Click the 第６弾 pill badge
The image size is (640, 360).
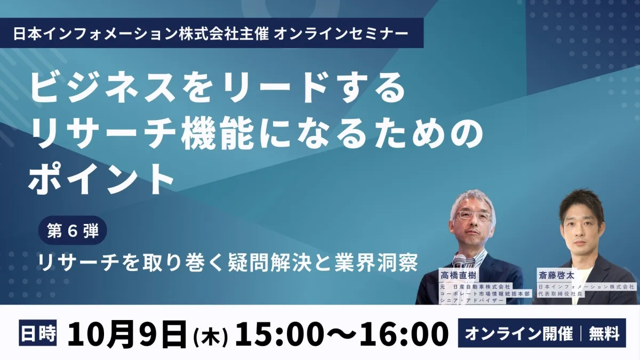tap(73, 230)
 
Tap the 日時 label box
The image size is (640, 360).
tap(38, 333)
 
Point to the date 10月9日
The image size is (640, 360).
tap(127, 334)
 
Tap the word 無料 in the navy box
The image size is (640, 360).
tap(604, 333)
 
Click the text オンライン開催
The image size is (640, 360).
tap(519, 333)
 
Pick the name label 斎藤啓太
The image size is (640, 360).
tap(556, 275)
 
